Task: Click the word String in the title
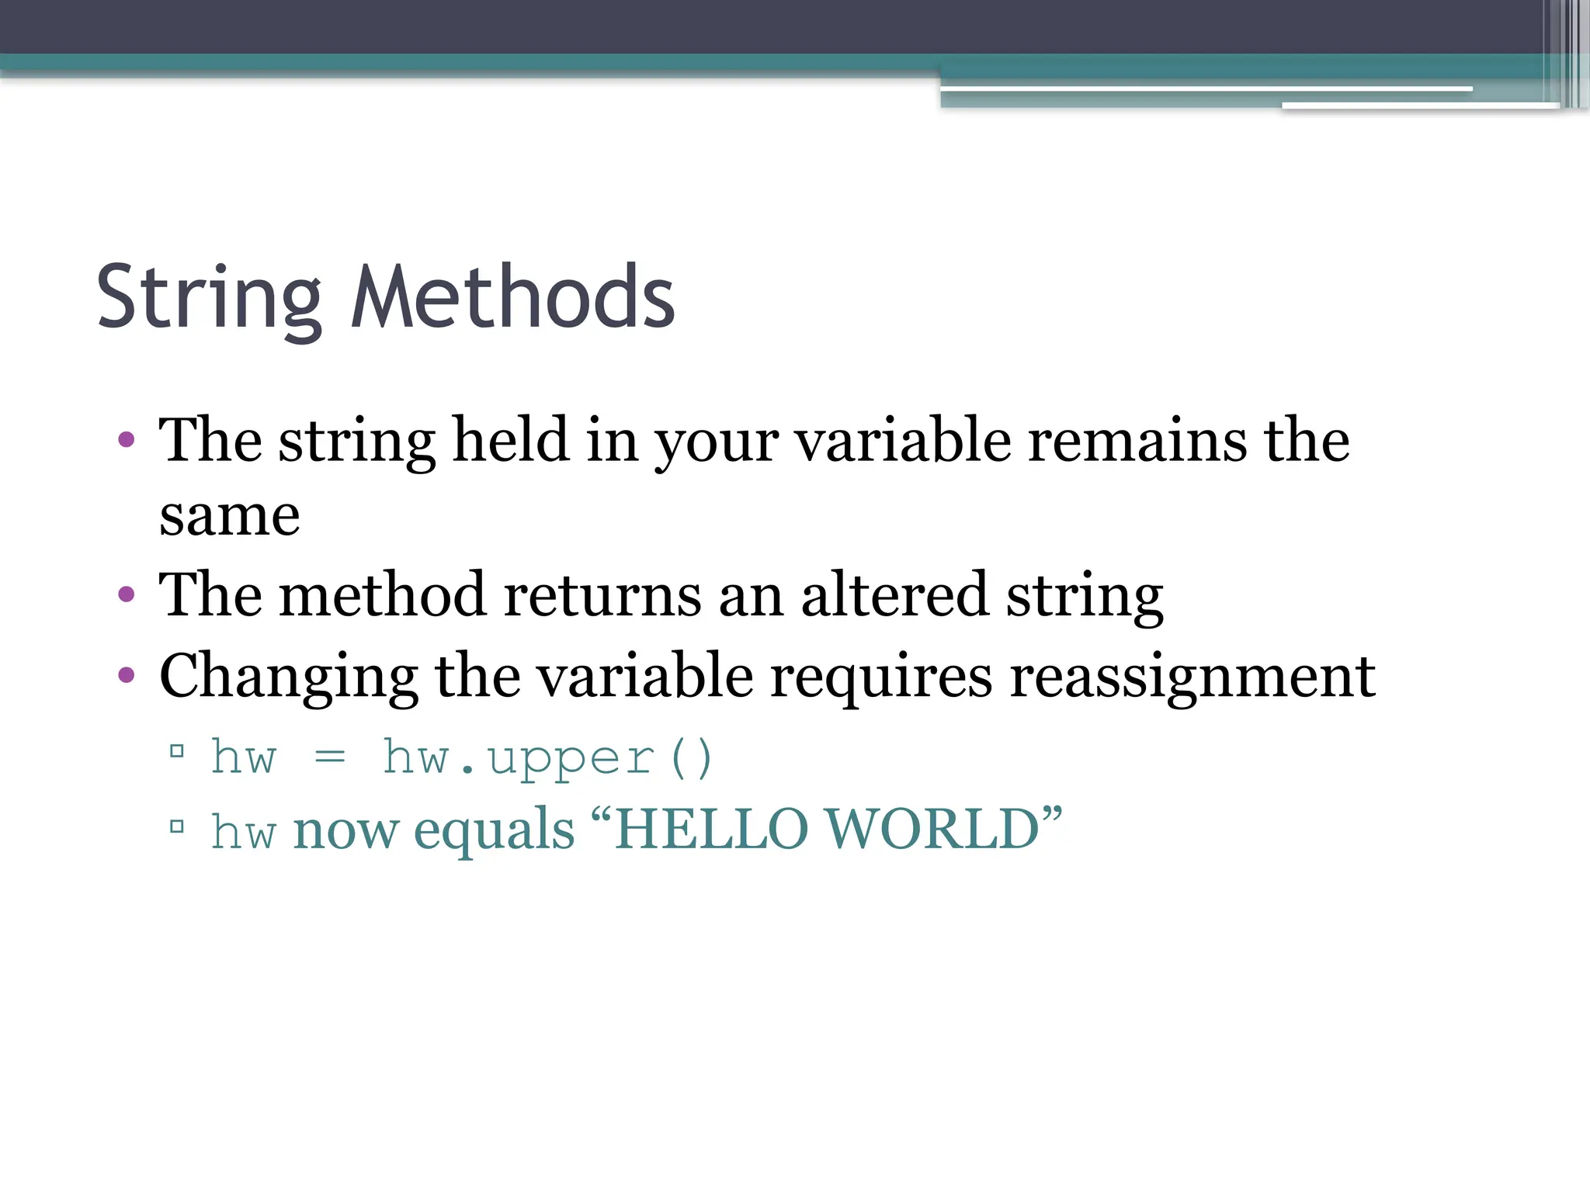(208, 299)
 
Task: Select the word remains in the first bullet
(1137, 440)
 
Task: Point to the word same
(229, 516)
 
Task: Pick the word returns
(602, 595)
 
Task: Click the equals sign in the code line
(330, 757)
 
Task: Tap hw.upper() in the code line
(547, 757)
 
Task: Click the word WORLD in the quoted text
(932, 830)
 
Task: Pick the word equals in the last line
(494, 830)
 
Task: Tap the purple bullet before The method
(127, 595)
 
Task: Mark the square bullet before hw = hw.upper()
(177, 750)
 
